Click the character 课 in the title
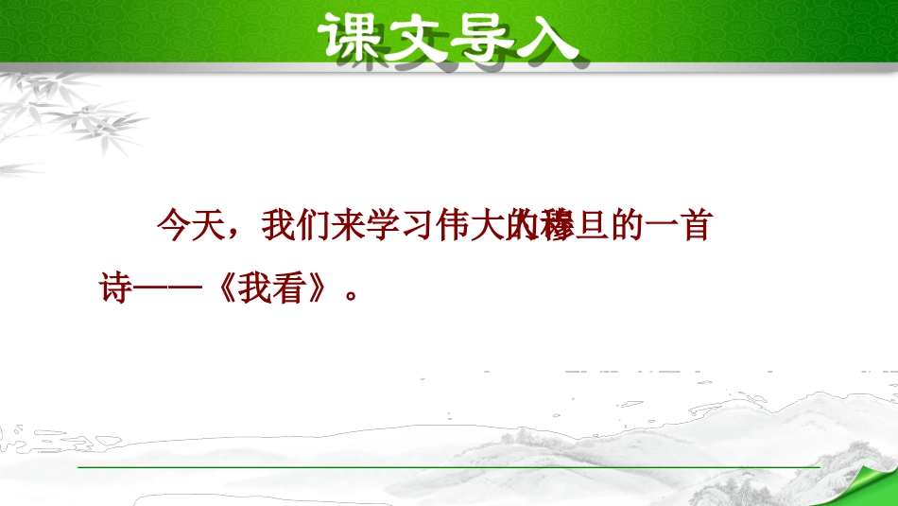351,37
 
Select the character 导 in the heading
485,37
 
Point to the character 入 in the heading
549,37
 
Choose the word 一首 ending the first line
683,226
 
